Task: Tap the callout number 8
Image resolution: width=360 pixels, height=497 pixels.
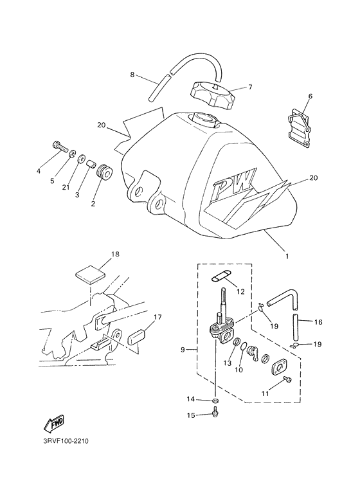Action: tap(132, 75)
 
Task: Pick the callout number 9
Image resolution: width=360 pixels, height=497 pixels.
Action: tap(184, 350)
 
